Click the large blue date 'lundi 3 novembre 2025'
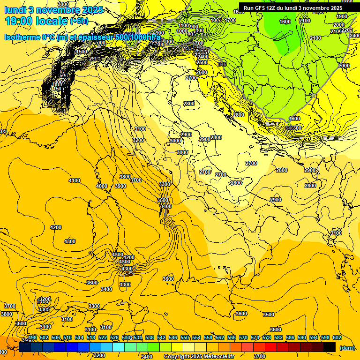[x=54, y=10]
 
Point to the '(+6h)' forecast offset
[x=79, y=21]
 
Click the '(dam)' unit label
[x=347, y=347]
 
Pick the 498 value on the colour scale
[x=32, y=338]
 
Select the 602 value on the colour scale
[x=337, y=338]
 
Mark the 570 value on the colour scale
[x=243, y=338]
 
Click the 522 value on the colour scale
[x=103, y=338]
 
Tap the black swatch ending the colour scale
[x=330, y=347]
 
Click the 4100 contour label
[x=75, y=180]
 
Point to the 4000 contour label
[x=101, y=186]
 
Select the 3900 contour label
[x=120, y=186]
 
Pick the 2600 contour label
[x=202, y=72]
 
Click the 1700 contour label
[x=230, y=20]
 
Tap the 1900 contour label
[x=342, y=16]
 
